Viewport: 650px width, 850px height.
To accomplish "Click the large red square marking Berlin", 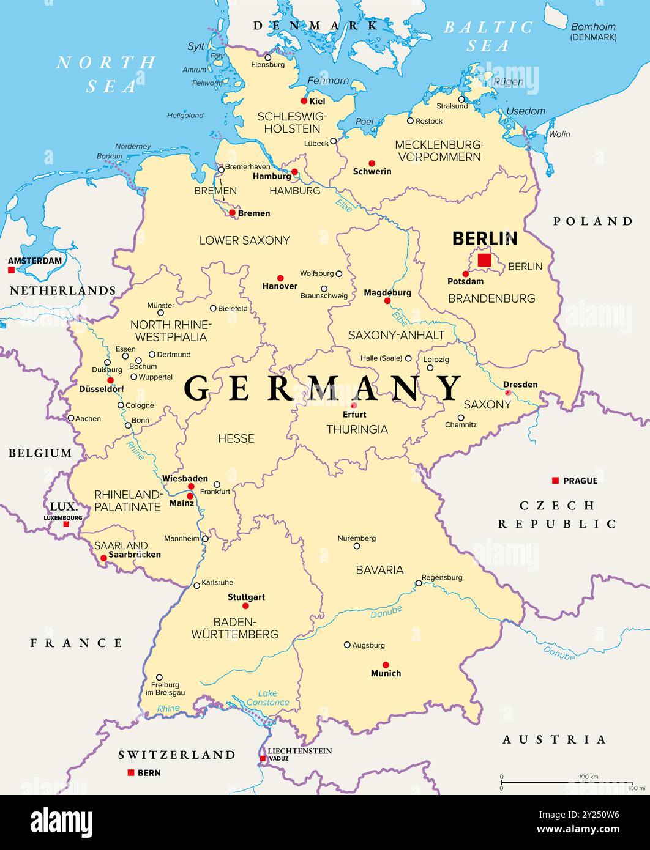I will (484, 261).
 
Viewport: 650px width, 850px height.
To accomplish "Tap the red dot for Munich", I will (386, 665).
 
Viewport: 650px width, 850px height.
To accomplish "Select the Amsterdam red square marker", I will (11, 270).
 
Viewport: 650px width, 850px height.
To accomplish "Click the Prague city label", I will (580, 481).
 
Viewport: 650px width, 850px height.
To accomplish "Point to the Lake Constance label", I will (267, 698).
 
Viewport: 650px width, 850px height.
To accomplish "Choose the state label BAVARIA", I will (379, 570).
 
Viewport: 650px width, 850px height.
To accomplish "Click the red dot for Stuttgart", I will (245, 606).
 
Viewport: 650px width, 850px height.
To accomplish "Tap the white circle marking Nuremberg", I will (357, 546).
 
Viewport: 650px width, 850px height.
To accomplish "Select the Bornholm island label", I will (593, 32).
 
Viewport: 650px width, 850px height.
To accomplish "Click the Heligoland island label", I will (185, 115).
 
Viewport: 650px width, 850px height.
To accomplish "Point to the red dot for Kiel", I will (304, 101).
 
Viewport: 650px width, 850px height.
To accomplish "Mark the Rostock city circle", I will (410, 120).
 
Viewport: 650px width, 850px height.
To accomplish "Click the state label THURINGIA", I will (357, 429).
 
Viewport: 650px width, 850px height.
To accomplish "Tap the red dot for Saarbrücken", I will (103, 558).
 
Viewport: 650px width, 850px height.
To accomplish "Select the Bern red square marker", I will (130, 772).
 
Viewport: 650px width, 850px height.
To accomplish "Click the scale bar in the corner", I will (566, 782).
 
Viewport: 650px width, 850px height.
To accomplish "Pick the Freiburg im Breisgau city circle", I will (159, 678).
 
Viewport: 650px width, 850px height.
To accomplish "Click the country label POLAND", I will (592, 221).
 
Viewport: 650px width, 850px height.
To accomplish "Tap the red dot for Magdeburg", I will (387, 301).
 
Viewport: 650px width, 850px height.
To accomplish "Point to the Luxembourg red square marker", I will (66, 524).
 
